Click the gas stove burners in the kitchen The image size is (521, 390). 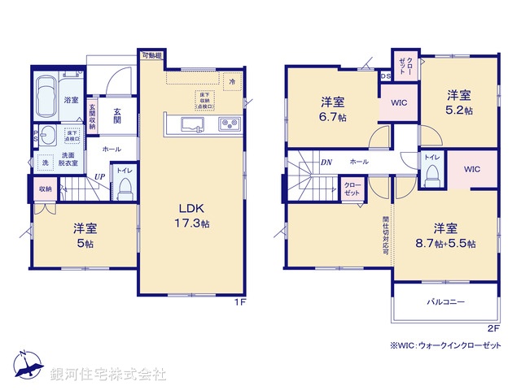click(x=228, y=124)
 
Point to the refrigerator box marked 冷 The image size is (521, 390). click(x=232, y=82)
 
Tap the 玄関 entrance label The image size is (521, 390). click(x=117, y=115)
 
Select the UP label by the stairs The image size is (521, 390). click(x=99, y=176)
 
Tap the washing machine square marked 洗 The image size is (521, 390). click(x=45, y=162)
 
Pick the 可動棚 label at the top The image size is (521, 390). click(x=151, y=55)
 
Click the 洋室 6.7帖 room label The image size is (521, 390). click(x=332, y=109)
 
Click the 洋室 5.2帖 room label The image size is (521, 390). click(x=458, y=102)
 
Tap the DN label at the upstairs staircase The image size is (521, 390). click(x=326, y=162)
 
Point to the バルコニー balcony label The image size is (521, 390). click(x=446, y=302)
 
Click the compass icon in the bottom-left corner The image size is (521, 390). click(x=28, y=368)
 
